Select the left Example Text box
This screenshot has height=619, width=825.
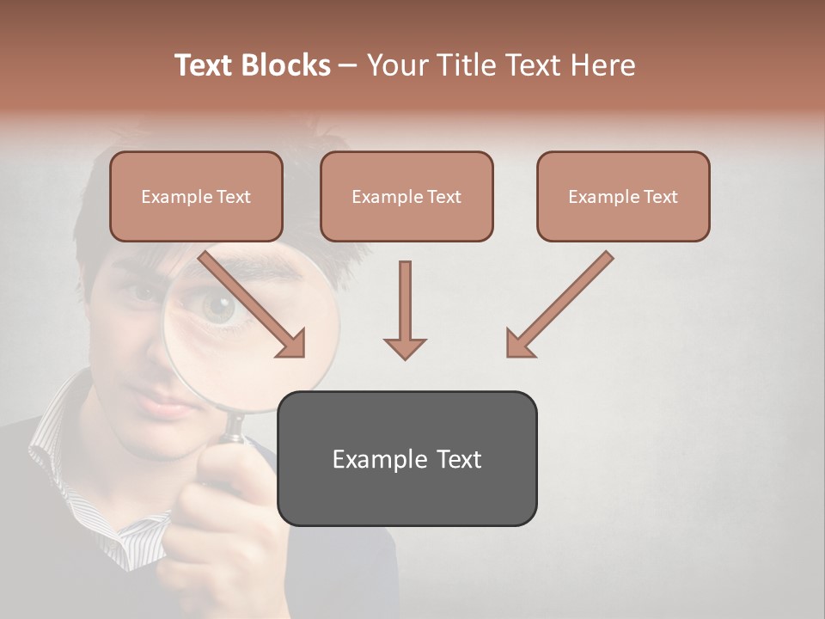(196, 197)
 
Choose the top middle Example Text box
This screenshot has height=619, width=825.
(406, 197)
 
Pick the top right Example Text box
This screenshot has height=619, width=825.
(623, 197)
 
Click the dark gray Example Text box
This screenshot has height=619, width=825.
(406, 458)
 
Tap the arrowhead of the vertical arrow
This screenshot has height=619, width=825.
(405, 347)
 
